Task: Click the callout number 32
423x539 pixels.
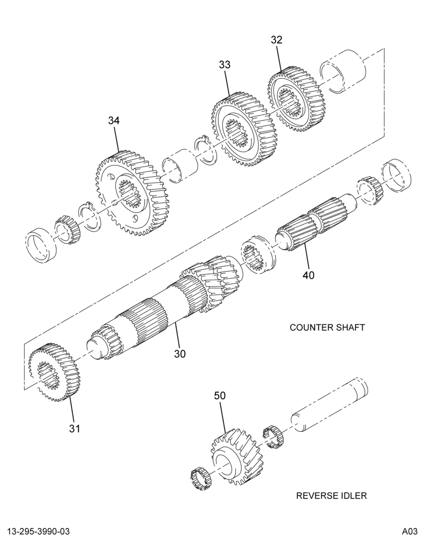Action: [x=276, y=40]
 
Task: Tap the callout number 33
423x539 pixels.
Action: [x=225, y=65]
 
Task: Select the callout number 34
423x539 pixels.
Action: [x=114, y=121]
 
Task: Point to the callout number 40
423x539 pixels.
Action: [x=309, y=275]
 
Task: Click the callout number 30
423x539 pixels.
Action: [x=180, y=354]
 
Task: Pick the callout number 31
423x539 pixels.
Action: [x=74, y=429]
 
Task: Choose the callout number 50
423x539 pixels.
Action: [x=220, y=396]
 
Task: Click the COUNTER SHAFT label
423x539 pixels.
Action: [x=327, y=327]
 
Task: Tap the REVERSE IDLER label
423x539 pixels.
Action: [x=331, y=495]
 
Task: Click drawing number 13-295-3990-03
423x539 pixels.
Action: [x=36, y=531]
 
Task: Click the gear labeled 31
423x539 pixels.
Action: [x=54, y=372]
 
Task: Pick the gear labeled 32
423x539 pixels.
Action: [x=295, y=98]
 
